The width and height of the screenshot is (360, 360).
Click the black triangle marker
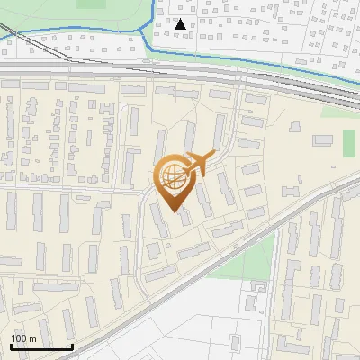coord(182,24)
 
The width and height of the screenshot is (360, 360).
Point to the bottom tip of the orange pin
coord(173,212)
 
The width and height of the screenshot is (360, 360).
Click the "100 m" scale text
coord(23,337)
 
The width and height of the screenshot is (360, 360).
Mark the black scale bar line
coord(41,346)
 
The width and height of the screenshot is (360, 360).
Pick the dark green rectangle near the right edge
coord(349,142)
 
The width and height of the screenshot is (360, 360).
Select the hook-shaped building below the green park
coord(256,290)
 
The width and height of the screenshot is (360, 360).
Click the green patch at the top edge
coord(90,4)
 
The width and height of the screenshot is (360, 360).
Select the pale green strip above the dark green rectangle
coord(347,121)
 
